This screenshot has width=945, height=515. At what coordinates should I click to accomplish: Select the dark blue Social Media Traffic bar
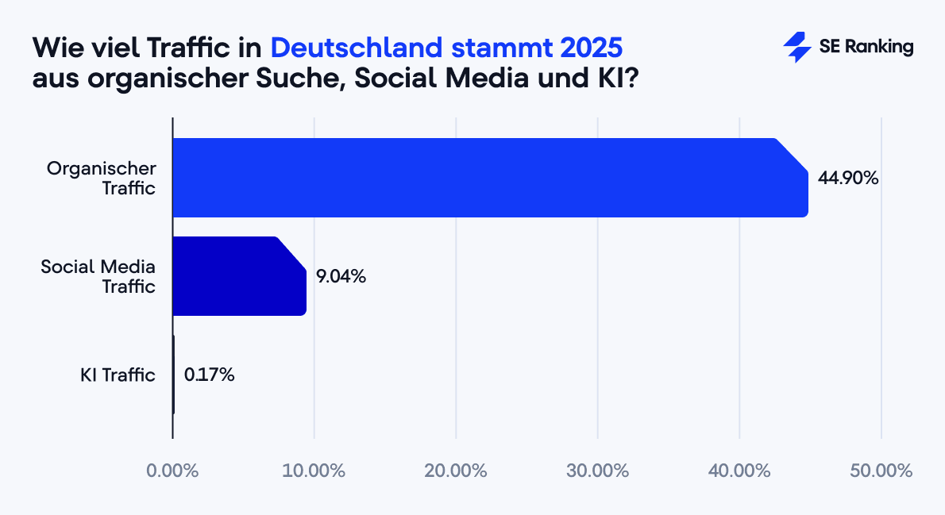pyautogui.click(x=238, y=276)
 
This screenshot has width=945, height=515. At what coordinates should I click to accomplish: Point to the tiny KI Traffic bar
pyautogui.click(x=173, y=375)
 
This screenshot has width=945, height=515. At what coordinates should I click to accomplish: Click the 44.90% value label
pyautogui.click(x=848, y=179)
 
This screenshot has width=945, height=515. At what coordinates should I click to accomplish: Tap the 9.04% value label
pyautogui.click(x=341, y=277)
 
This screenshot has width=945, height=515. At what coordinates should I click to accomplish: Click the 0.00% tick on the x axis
pyautogui.click(x=172, y=471)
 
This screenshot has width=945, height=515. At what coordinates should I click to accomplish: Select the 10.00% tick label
pyautogui.click(x=314, y=471)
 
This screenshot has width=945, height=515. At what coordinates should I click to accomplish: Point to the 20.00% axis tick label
pyautogui.click(x=455, y=471)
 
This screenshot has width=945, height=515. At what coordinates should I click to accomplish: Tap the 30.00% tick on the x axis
pyautogui.click(x=597, y=471)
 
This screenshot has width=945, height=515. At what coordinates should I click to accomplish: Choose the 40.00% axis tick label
pyautogui.click(x=739, y=471)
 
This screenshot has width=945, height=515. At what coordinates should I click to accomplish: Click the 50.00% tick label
pyautogui.click(x=881, y=471)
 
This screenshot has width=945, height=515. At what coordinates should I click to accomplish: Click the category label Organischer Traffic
pyautogui.click(x=102, y=178)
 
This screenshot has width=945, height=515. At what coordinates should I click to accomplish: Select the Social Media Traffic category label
pyautogui.click(x=98, y=276)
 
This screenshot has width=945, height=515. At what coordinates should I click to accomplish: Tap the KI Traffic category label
pyautogui.click(x=118, y=375)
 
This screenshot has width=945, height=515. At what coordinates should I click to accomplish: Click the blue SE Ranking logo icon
pyautogui.click(x=796, y=48)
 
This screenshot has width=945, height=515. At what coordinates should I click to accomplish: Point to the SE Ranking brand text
pyautogui.click(x=866, y=48)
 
